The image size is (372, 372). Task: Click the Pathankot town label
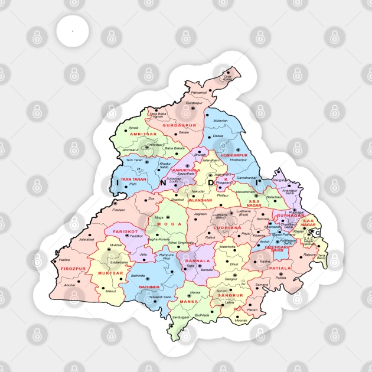click(199, 93)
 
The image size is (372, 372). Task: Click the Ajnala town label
click(134, 128)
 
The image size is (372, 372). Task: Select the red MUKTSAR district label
click(110, 273)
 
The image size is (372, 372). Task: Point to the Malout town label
click(110, 291)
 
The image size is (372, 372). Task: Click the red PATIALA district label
click(280, 267)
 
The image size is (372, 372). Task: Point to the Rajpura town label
click(310, 254)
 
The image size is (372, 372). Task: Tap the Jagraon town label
click(200, 214)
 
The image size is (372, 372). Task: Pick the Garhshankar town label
click(247, 177)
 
